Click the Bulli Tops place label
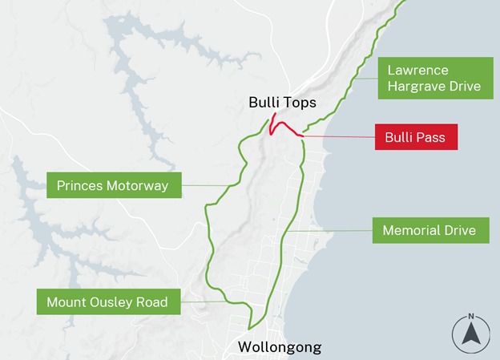[282, 103]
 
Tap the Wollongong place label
[280, 347]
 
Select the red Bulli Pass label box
[416, 137]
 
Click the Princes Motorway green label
[113, 186]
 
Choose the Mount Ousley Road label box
[107, 302]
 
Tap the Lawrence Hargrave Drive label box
[434, 78]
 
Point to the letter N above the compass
[471, 315]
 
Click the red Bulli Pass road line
[287, 127]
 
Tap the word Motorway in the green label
[137, 186]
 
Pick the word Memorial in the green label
[409, 231]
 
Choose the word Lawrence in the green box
[418, 70]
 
